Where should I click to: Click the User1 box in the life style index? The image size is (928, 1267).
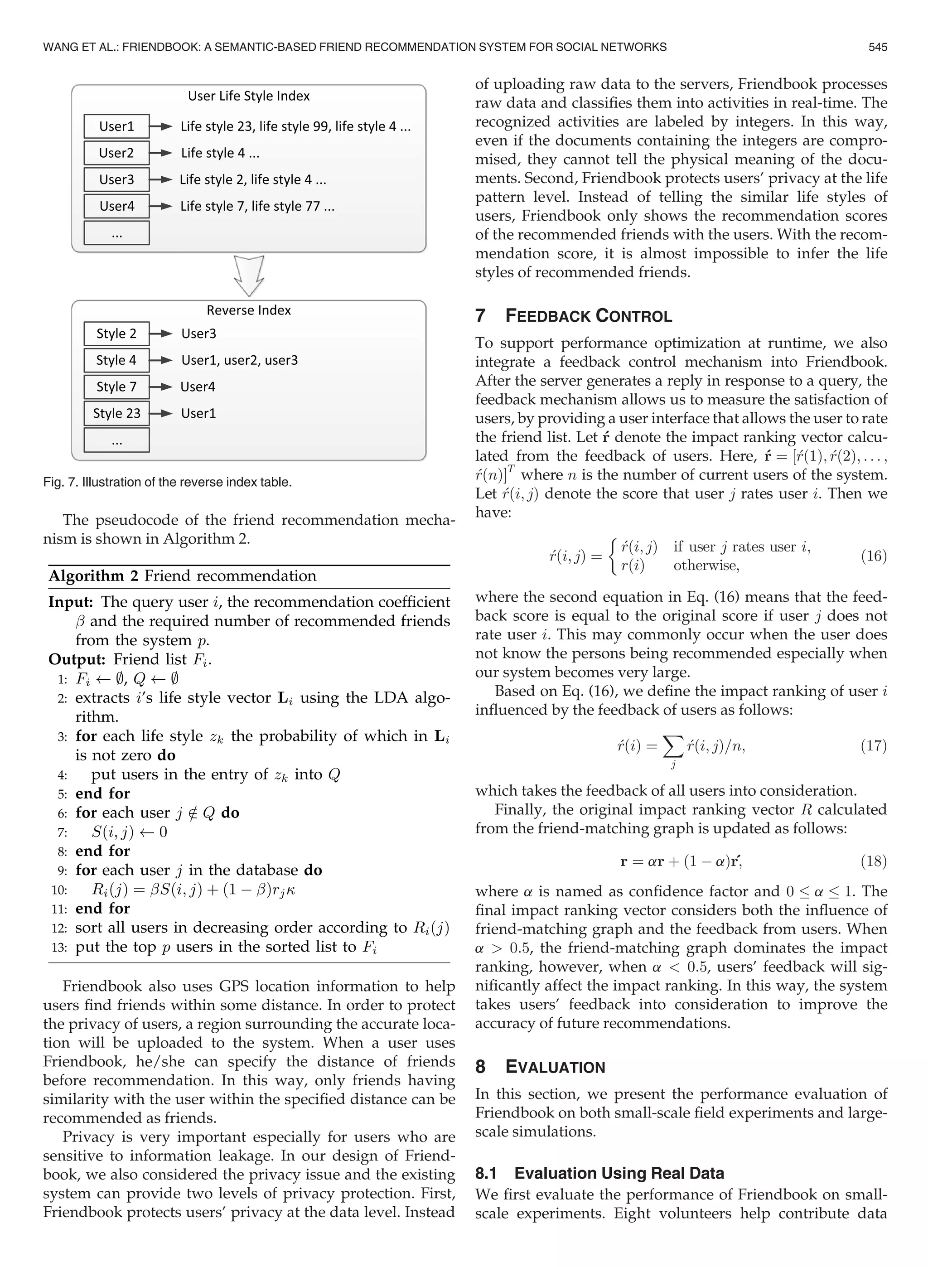point(116,126)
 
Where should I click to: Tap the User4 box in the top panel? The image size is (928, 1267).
point(116,206)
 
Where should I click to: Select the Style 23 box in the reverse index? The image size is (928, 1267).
point(116,413)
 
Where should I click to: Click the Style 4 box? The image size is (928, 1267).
point(116,360)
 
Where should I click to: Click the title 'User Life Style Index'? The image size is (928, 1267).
point(248,96)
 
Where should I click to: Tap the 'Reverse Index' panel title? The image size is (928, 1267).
point(248,310)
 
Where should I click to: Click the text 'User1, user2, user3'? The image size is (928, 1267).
point(239,360)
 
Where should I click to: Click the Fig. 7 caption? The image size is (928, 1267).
point(167,482)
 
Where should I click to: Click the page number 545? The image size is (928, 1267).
point(877,47)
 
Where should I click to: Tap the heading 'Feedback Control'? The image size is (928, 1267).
point(588,316)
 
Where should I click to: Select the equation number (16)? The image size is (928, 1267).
point(874,556)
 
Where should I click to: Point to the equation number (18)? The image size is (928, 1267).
point(874,861)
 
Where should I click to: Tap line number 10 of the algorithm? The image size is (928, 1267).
point(59,890)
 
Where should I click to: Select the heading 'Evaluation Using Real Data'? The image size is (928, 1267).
point(619,1173)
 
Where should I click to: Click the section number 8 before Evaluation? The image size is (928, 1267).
point(480,1067)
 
